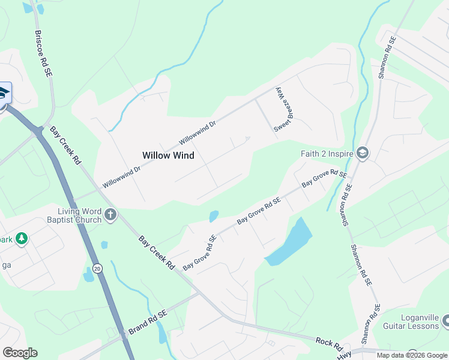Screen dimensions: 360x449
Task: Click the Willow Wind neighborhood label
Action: pyautogui.click(x=168, y=155)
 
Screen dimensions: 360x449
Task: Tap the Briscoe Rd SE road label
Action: pyautogui.click(x=43, y=53)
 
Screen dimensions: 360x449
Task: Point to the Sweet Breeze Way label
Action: pyautogui.click(x=283, y=110)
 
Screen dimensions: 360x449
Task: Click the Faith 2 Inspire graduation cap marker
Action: pyautogui.click(x=363, y=154)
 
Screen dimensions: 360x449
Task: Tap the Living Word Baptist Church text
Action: pyautogui.click(x=80, y=215)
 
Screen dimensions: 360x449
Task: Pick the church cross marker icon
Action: pyautogui.click(x=110, y=215)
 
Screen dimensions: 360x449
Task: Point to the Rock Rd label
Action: pyautogui.click(x=329, y=344)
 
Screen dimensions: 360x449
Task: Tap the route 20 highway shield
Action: pyautogui.click(x=97, y=268)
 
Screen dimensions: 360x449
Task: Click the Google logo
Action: pyautogui.click(x=20, y=353)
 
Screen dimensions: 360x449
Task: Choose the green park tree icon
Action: pyautogui.click(x=22, y=239)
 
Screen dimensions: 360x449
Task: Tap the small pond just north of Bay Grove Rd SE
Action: pyautogui.click(x=214, y=216)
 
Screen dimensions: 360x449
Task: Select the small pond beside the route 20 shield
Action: pyautogui.click(x=89, y=275)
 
